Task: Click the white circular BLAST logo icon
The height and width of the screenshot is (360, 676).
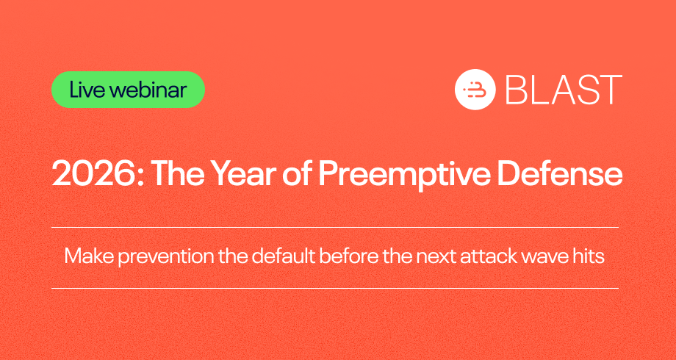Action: point(475,89)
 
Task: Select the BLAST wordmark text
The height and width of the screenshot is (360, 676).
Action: point(564,90)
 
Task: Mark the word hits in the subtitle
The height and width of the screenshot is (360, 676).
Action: point(589,257)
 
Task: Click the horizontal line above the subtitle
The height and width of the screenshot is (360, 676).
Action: point(335,227)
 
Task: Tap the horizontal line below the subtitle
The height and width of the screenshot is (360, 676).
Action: point(335,288)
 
